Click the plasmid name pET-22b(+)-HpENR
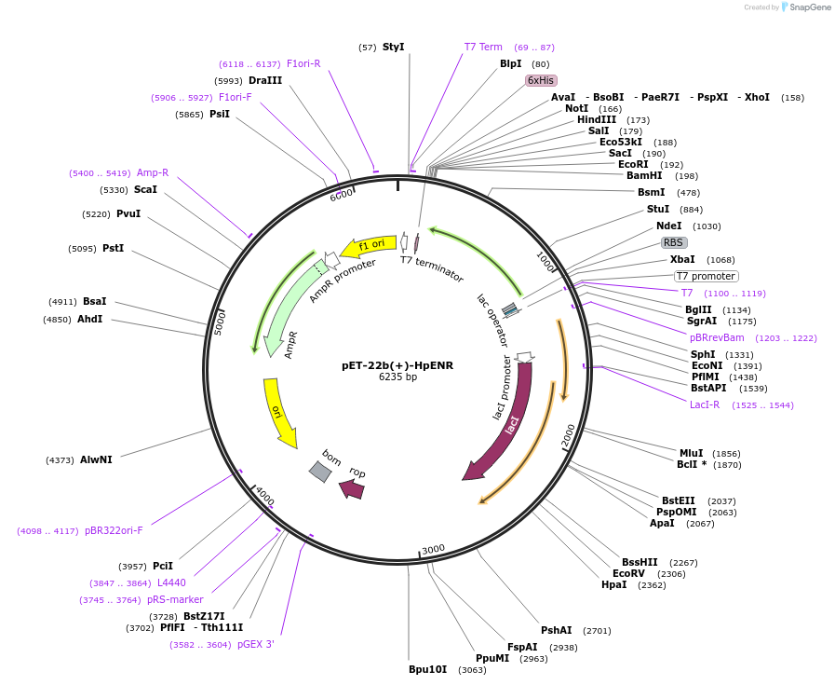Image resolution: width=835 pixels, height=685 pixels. click(x=397, y=365)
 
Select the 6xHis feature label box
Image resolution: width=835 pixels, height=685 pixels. click(x=541, y=80)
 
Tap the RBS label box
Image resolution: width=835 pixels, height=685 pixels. click(x=674, y=242)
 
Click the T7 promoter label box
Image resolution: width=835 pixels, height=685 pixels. click(x=706, y=276)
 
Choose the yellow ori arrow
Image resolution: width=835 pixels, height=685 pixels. click(x=280, y=411)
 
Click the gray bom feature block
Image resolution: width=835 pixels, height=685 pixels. click(x=320, y=472)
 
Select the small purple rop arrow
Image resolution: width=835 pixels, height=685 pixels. click(x=352, y=487)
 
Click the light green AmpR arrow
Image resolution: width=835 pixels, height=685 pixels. click(x=289, y=308)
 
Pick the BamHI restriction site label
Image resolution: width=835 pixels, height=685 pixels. click(x=644, y=175)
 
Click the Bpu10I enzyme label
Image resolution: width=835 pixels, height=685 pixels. click(x=428, y=669)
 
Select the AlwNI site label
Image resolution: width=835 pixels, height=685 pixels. click(x=96, y=459)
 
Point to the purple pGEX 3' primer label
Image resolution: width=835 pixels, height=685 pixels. click(x=256, y=644)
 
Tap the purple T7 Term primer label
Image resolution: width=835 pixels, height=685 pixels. click(x=483, y=47)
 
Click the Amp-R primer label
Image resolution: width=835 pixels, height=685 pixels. click(x=153, y=172)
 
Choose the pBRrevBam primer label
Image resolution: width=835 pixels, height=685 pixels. click(x=717, y=337)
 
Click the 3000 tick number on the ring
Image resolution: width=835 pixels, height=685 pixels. click(x=434, y=550)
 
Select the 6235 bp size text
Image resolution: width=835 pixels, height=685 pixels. click(x=397, y=377)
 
